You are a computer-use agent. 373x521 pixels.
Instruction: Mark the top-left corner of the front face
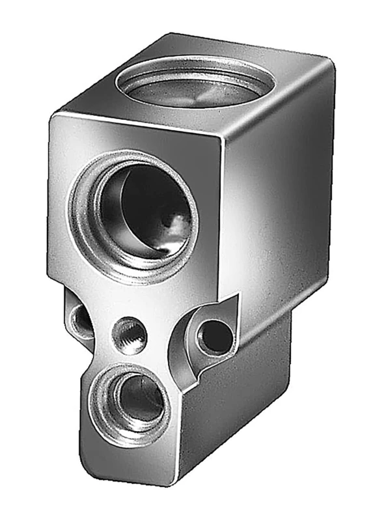[x=52, y=117]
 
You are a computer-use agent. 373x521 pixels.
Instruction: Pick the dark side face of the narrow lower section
[x=234, y=404]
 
